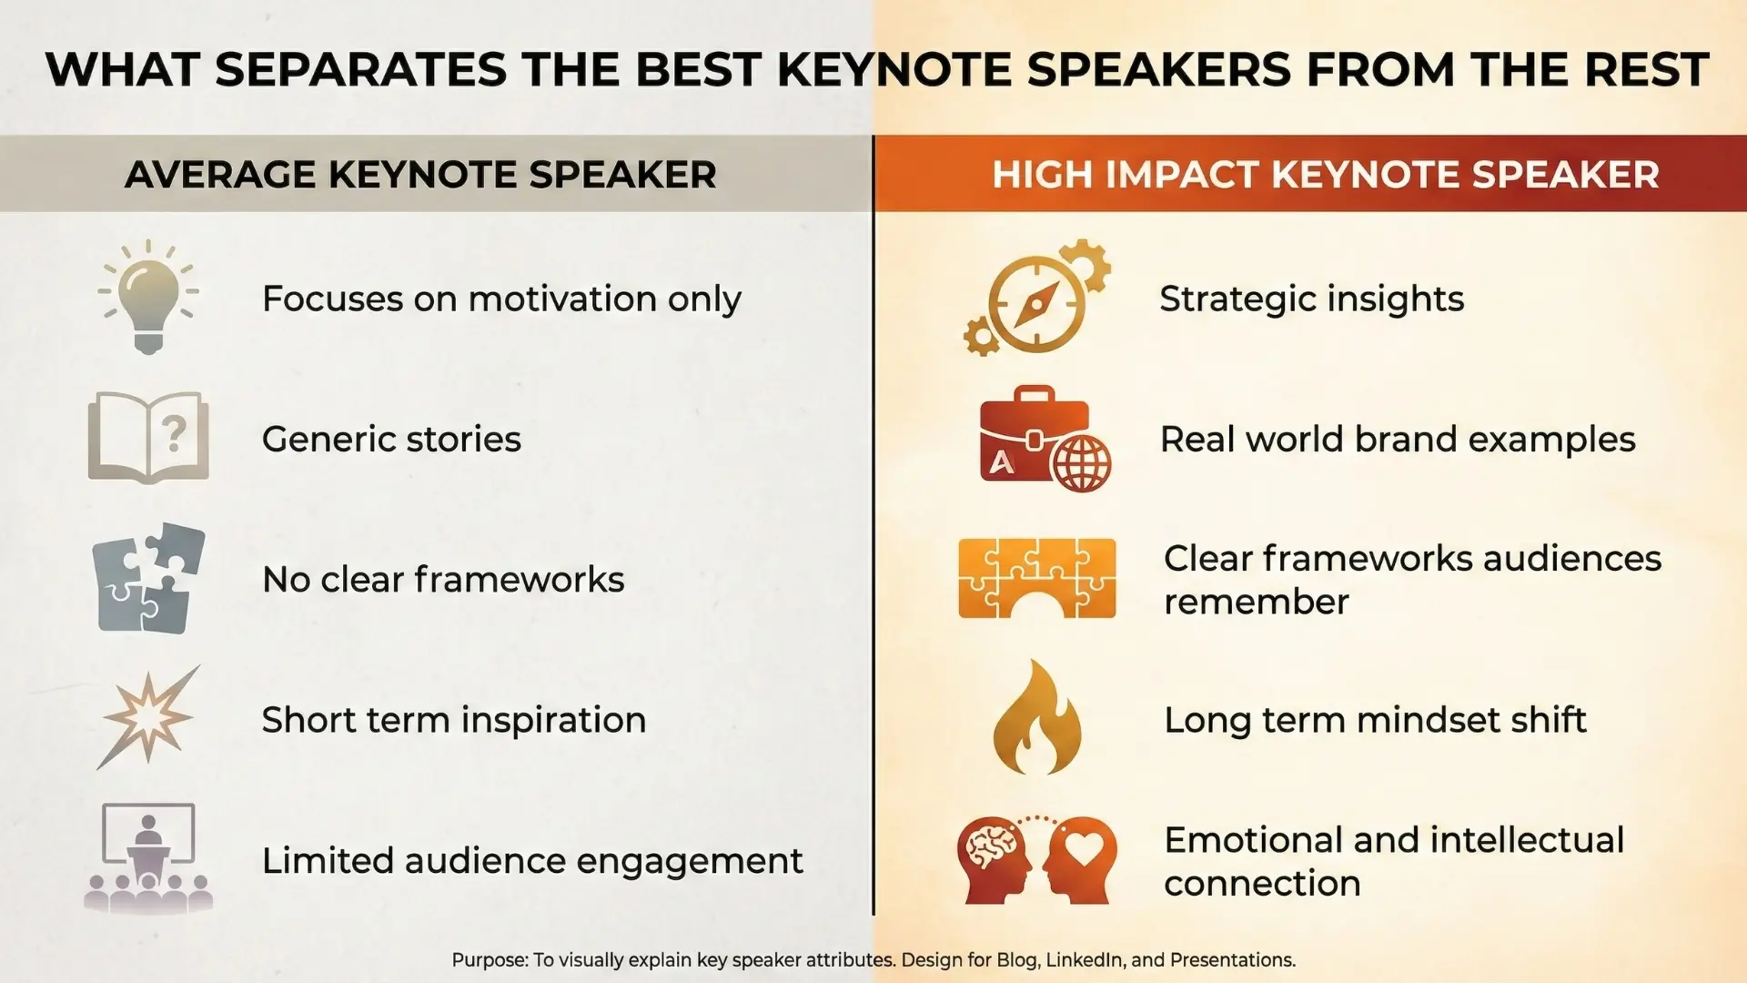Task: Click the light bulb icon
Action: pyautogui.click(x=148, y=297)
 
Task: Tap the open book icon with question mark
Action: pyautogui.click(x=148, y=437)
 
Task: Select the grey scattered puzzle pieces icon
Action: pyautogui.click(x=148, y=579)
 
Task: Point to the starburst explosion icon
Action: pyautogui.click(x=148, y=717)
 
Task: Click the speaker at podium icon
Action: pyautogui.click(x=148, y=857)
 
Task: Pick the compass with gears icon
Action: pyautogui.click(x=1037, y=298)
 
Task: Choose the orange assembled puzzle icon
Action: pyautogui.click(x=1037, y=578)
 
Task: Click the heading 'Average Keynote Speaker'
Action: pyautogui.click(x=420, y=174)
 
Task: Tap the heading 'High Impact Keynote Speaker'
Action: pyautogui.click(x=1326, y=174)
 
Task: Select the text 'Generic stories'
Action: pyautogui.click(x=391, y=439)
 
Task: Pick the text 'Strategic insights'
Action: pyautogui.click(x=1311, y=299)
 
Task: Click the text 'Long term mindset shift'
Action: pyautogui.click(x=1375, y=720)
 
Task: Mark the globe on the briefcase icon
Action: pyautogui.click(x=1081, y=462)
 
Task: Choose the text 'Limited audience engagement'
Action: pyautogui.click(x=532, y=861)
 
